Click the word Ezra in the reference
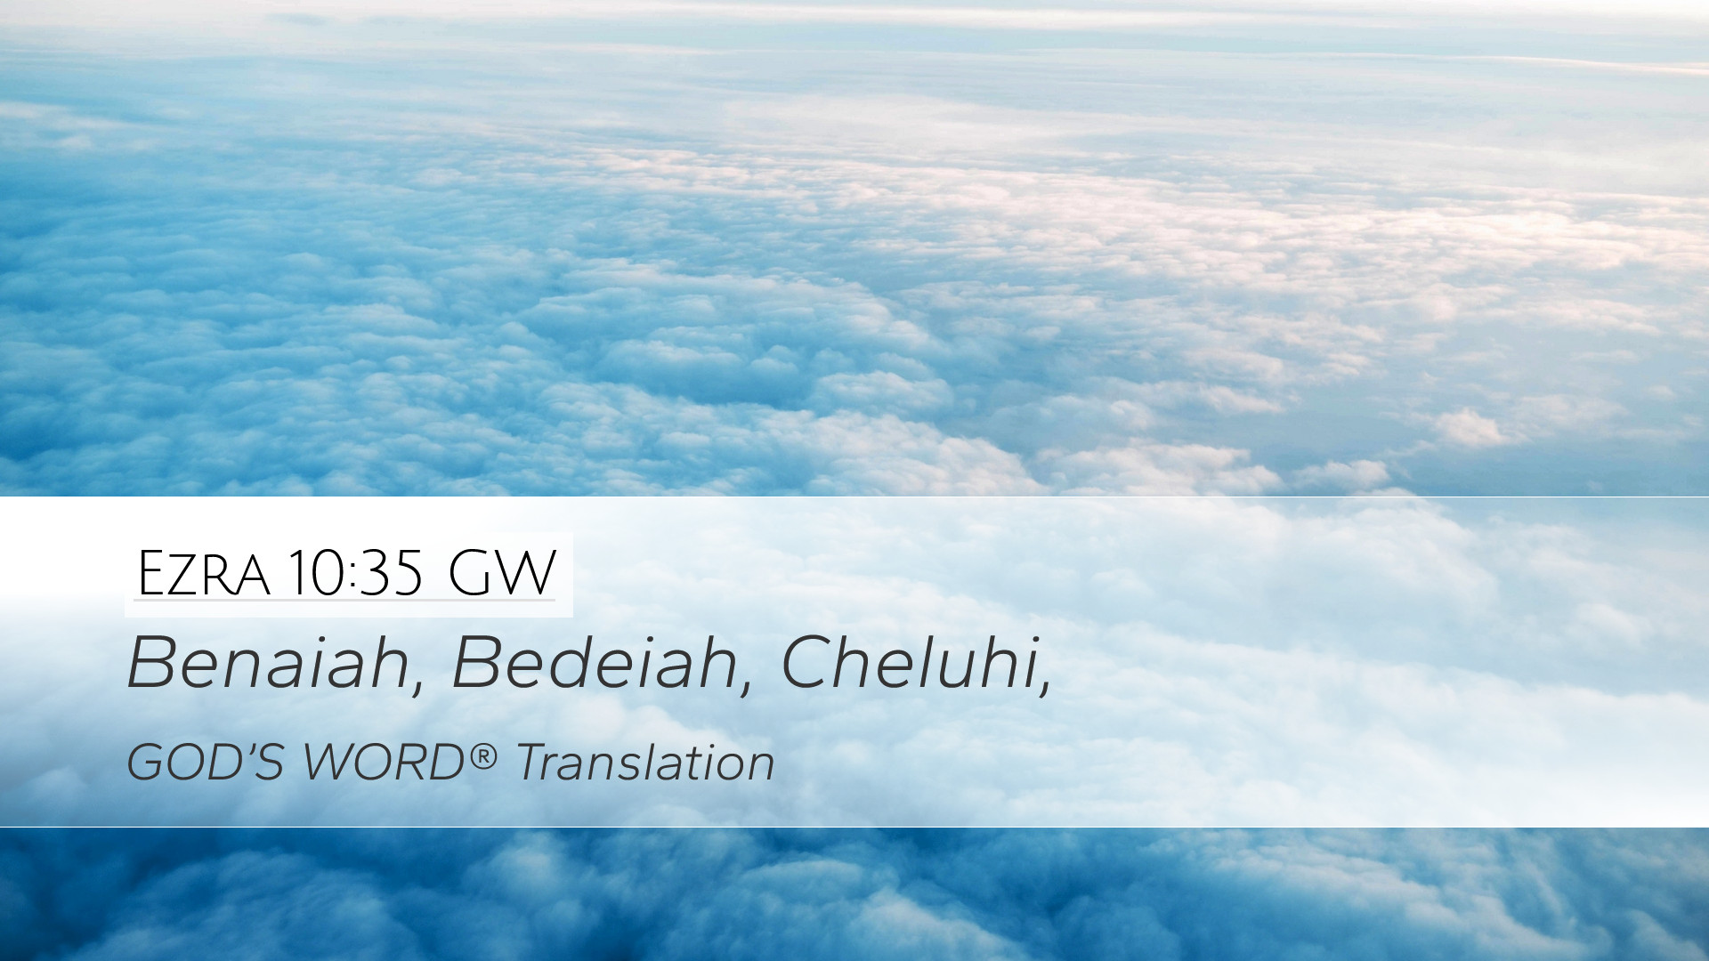(x=203, y=574)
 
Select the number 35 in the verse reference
(x=391, y=574)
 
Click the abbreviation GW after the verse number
(x=502, y=574)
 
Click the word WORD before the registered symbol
(x=384, y=763)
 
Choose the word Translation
(x=645, y=763)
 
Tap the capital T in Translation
(x=534, y=763)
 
